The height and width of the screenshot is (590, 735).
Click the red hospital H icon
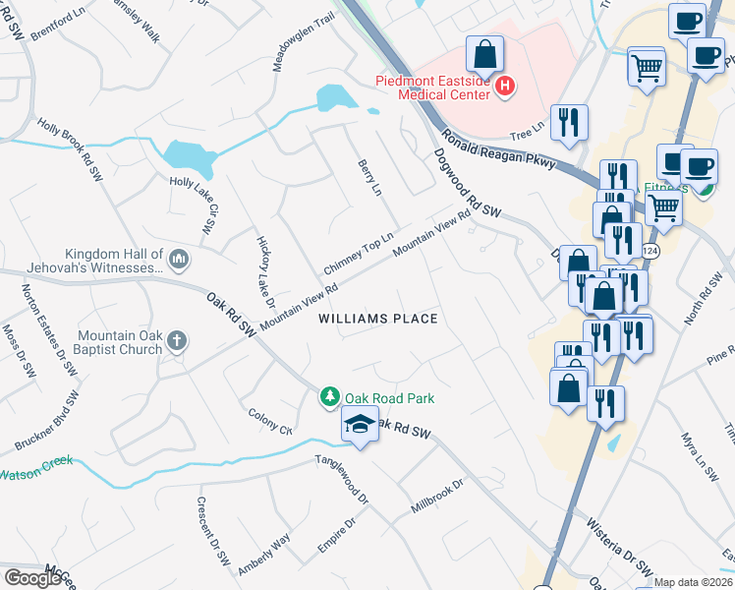pyautogui.click(x=505, y=88)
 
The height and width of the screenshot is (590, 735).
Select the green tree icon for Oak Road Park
pyautogui.click(x=330, y=397)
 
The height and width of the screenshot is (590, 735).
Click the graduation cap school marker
pyautogui.click(x=360, y=426)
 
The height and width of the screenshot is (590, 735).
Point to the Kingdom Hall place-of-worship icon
pyautogui.click(x=178, y=260)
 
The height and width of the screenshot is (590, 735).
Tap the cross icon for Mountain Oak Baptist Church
pyautogui.click(x=178, y=342)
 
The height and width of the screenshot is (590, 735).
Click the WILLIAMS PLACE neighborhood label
pyautogui.click(x=377, y=319)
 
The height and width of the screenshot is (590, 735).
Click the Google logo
pyautogui.click(x=32, y=578)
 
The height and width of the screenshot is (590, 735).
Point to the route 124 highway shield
pyautogui.click(x=650, y=253)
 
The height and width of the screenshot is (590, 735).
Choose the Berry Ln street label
pyautogui.click(x=369, y=178)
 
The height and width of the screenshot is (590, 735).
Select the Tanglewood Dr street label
pyautogui.click(x=341, y=480)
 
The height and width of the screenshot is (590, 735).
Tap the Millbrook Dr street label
pyautogui.click(x=437, y=497)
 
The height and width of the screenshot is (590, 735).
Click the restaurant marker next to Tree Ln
pyautogui.click(x=569, y=123)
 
